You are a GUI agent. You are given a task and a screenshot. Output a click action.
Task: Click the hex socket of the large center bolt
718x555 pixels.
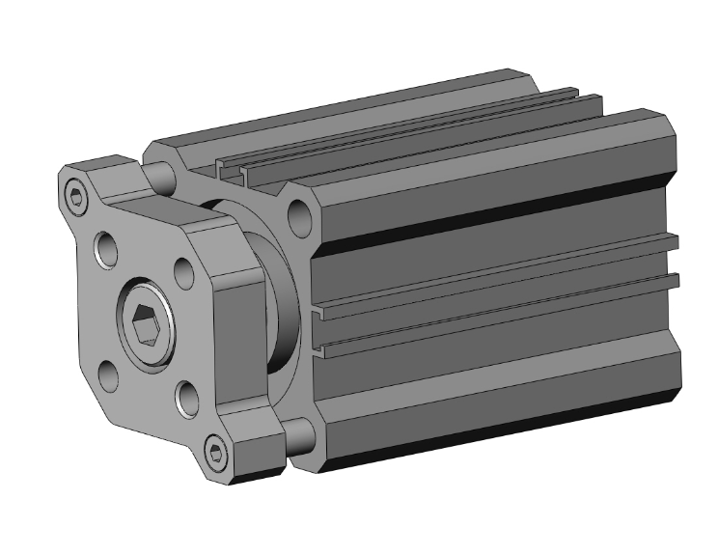(146, 329)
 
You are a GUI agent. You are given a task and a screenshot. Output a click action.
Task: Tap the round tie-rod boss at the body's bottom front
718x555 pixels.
(300, 439)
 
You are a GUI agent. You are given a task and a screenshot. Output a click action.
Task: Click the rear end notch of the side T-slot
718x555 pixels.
(675, 280)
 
